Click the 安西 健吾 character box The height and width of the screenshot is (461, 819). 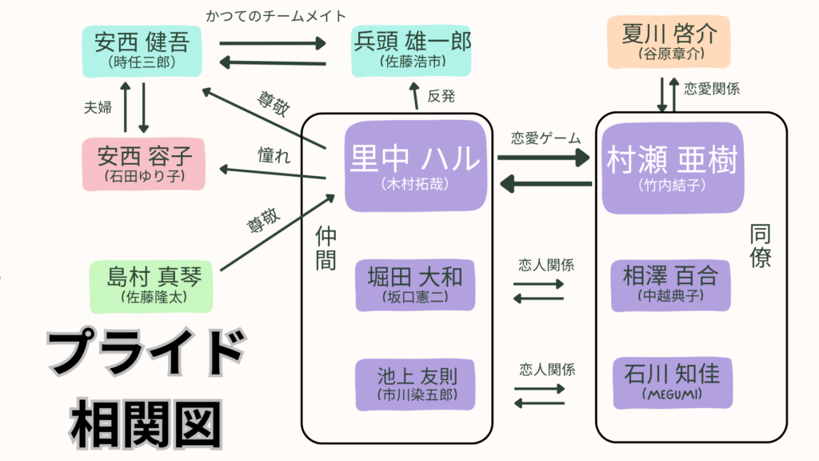[141, 50]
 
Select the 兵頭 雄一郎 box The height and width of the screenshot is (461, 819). [412, 50]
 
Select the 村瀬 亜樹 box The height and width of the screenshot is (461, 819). [670, 167]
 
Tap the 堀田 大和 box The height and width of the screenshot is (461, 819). [415, 286]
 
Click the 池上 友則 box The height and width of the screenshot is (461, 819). [415, 384]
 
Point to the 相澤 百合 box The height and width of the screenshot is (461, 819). [670, 286]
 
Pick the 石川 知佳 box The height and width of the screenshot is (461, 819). [670, 384]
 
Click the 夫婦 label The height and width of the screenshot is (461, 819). [98, 108]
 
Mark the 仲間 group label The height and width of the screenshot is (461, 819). [326, 248]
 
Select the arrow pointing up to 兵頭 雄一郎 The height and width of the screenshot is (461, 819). [415, 97]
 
